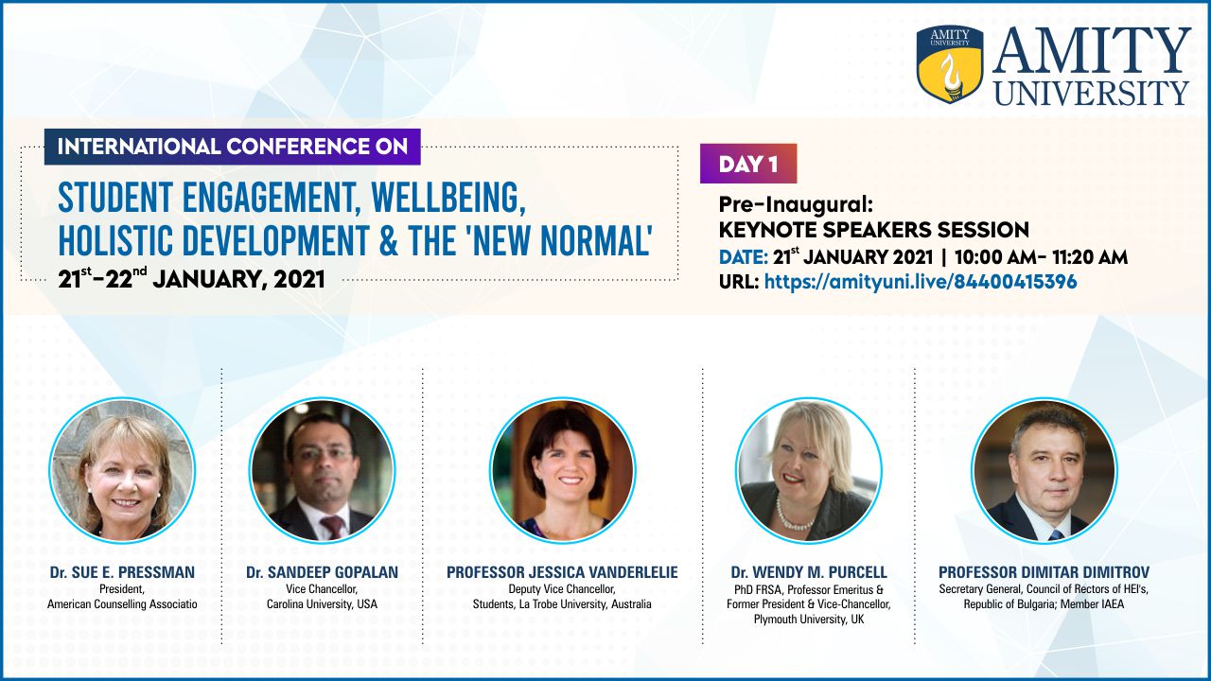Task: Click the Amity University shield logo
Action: (950, 64)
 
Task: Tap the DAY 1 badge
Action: (748, 164)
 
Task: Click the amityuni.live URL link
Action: (921, 282)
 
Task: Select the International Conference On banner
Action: (233, 147)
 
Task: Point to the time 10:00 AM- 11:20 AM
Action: (1042, 257)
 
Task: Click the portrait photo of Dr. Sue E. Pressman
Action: (122, 470)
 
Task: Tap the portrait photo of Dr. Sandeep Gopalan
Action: (323, 470)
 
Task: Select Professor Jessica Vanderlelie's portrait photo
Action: (562, 470)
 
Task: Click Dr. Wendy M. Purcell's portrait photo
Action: (809, 470)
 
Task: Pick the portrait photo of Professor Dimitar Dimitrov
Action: (1044, 470)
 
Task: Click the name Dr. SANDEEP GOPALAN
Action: (323, 572)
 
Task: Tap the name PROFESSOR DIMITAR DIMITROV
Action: (1044, 572)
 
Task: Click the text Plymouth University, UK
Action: (809, 620)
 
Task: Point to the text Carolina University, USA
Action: (323, 604)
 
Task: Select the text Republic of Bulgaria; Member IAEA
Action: (1044, 604)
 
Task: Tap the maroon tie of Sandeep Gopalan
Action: (333, 526)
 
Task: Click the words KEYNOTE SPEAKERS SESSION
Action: (873, 230)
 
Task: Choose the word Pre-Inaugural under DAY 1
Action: (796, 205)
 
